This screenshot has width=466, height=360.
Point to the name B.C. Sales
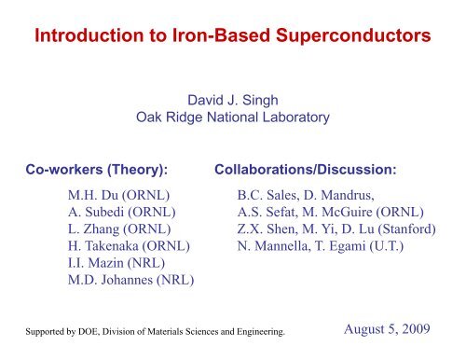click(266, 197)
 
